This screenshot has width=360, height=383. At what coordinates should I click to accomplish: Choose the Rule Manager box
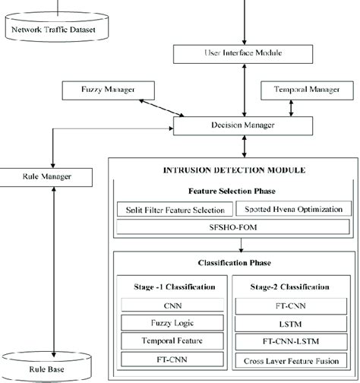pyautogui.click(x=49, y=178)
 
